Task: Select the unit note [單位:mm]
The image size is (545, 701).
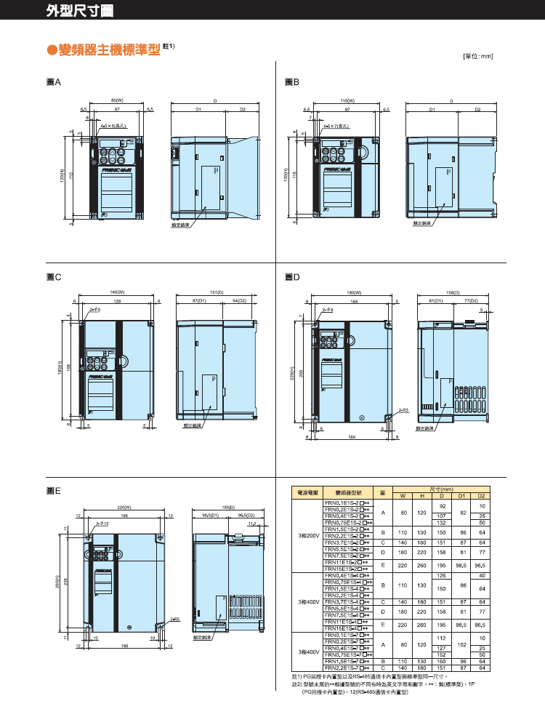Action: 477,55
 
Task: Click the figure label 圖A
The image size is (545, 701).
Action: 53,84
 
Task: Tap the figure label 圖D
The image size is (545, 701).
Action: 292,277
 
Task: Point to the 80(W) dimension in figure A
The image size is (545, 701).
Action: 116,100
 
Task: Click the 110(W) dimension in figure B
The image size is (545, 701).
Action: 347,100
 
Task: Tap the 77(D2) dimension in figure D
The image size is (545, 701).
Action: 472,300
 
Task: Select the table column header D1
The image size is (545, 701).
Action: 461,496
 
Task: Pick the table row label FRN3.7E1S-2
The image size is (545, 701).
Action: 344,542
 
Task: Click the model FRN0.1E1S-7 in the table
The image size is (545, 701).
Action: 344,636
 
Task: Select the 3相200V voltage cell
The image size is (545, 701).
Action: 307,535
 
